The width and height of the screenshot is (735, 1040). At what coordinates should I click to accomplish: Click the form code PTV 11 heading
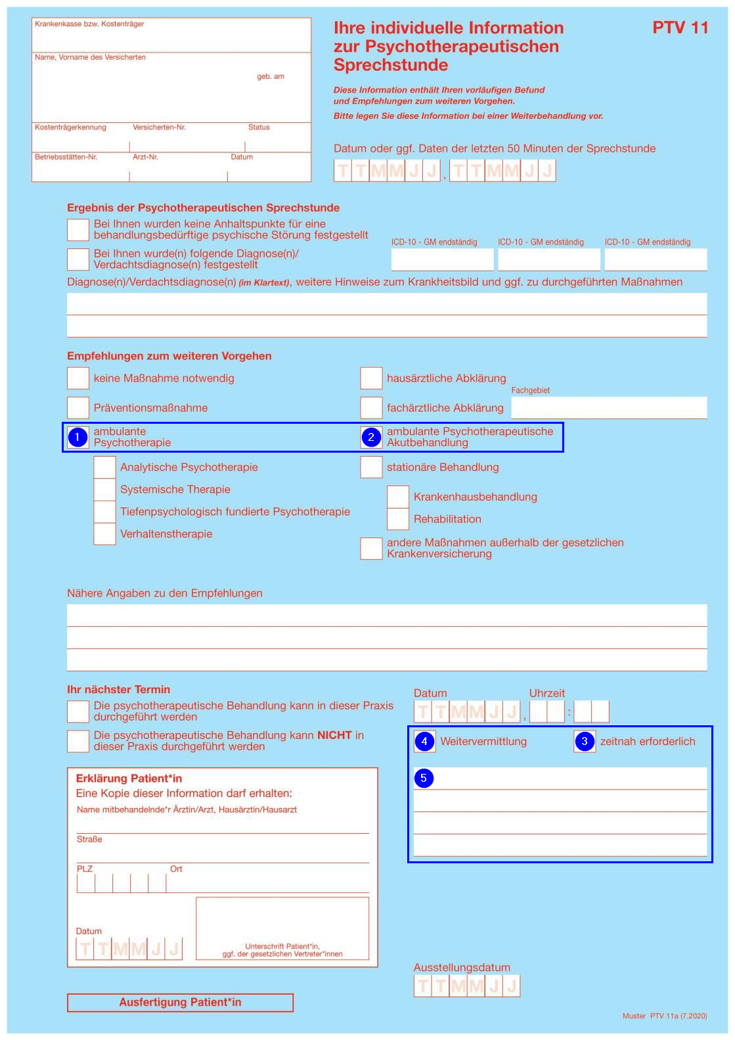680,28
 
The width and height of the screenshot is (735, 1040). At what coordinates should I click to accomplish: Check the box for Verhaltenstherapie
104,533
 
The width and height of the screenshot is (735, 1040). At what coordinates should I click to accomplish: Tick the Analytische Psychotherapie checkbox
104,467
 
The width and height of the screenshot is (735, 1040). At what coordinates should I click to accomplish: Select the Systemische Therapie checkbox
104,489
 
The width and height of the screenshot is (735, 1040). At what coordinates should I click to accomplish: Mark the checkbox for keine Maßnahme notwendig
78,378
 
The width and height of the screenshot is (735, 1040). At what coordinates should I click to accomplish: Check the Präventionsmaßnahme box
78,408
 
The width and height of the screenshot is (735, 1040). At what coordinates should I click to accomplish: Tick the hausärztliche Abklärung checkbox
371,378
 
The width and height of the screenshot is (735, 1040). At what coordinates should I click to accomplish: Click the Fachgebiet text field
609,408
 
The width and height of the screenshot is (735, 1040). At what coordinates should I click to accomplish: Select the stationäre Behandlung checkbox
371,467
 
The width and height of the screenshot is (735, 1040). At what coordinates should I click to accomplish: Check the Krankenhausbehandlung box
398,497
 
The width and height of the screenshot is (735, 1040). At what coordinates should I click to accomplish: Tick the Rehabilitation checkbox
398,519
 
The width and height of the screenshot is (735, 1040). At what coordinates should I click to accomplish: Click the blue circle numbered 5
424,779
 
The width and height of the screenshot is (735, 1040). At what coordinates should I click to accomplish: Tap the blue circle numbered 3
584,742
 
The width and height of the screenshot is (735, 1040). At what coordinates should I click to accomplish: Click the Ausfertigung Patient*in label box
180,1003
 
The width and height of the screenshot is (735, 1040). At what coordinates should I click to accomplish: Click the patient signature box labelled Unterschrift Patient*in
282,928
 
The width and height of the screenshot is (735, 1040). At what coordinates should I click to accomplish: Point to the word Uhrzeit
547,693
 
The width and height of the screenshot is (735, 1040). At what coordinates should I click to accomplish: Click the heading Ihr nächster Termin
118,689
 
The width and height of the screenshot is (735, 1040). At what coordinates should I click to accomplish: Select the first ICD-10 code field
442,260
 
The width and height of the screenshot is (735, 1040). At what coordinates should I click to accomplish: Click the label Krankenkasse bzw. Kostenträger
89,24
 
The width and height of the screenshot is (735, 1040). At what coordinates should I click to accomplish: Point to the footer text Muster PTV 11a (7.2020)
665,1016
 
